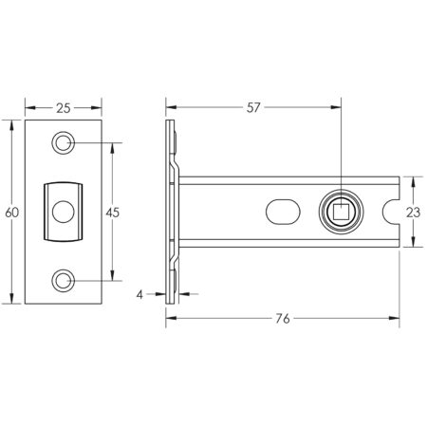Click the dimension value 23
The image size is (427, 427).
[x=413, y=213]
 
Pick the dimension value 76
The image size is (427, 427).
[x=282, y=320]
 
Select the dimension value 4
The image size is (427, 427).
[x=139, y=295]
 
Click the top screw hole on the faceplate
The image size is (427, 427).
[x=64, y=143]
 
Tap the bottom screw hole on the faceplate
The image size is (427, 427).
[x=64, y=281]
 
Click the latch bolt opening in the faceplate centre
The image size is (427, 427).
[x=63, y=212]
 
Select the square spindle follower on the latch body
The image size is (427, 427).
[x=340, y=212]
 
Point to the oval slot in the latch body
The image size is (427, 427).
[x=284, y=211]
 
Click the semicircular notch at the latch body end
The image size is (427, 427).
[x=389, y=212]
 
